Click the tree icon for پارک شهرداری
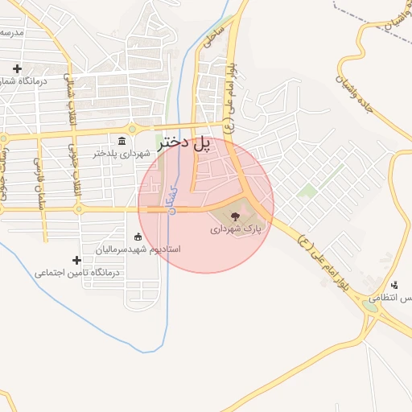pos(235,216)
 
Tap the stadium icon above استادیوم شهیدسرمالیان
pos(138,237)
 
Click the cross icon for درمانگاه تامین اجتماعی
pos(76,260)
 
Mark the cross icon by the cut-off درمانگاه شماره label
pos(16,68)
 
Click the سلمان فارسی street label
pos(37,173)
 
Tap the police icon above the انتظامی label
pos(394,285)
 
